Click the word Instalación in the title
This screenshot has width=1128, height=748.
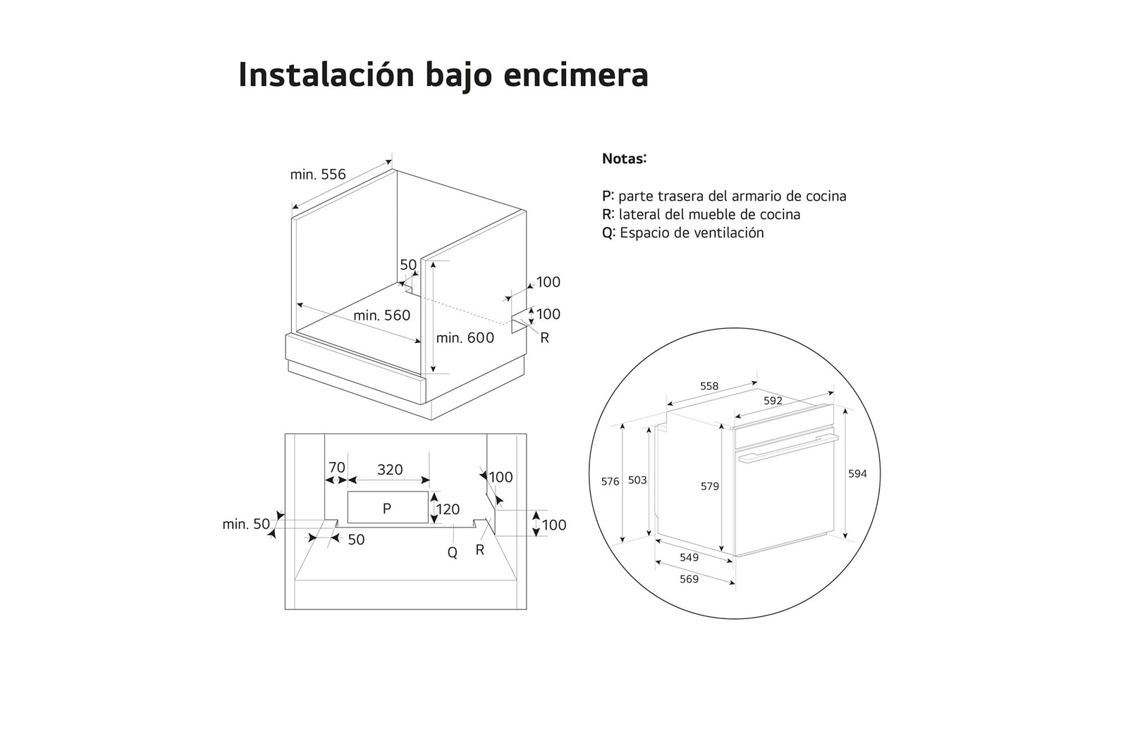tap(326, 75)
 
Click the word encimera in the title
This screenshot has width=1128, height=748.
tap(576, 75)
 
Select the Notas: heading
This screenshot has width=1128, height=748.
tap(624, 158)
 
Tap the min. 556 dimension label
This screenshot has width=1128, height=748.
tap(318, 174)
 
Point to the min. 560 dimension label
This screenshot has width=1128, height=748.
tap(381, 316)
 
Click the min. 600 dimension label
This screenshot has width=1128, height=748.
tap(465, 338)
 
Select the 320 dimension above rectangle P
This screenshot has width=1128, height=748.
tap(390, 469)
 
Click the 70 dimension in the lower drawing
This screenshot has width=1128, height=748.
tap(337, 467)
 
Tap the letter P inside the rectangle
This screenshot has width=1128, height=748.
tap(386, 509)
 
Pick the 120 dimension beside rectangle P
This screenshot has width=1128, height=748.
tap(448, 509)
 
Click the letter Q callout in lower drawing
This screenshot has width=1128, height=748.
tap(453, 553)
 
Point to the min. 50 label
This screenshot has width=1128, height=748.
tap(246, 524)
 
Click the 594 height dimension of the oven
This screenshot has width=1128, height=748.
tap(857, 474)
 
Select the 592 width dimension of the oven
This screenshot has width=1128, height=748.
tap(773, 401)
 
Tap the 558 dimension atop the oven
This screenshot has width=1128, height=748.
tap(709, 386)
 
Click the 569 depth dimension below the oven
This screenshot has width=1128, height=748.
tap(689, 579)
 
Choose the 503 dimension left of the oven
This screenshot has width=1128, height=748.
tap(637, 480)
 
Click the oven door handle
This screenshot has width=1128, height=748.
tap(788, 449)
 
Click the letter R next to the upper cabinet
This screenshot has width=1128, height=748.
tap(544, 338)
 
